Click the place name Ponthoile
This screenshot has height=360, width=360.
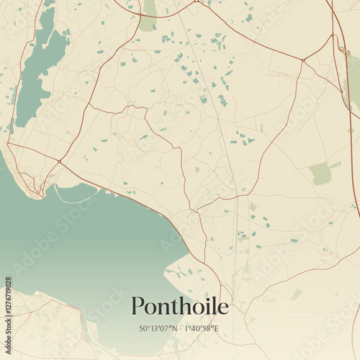[180, 307]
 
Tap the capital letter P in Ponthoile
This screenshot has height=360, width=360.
[138, 307]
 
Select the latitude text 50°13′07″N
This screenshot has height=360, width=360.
[159, 329]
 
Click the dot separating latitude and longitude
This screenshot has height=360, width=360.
[180, 329]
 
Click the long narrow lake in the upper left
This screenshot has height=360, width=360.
[36, 72]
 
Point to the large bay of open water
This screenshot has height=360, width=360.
[86, 245]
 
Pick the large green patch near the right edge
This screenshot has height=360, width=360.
[320, 173]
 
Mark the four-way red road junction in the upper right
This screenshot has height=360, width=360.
[303, 60]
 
